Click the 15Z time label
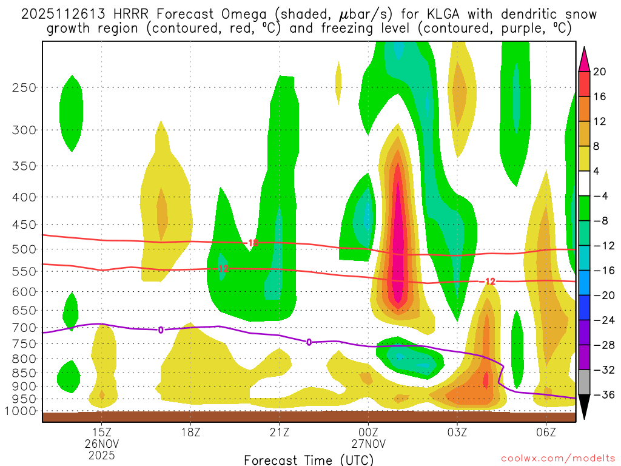click(101, 431)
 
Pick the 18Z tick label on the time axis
click(190, 431)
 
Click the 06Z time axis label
click(546, 431)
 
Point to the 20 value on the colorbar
click(600, 72)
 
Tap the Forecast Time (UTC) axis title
click(309, 459)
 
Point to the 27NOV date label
click(368, 443)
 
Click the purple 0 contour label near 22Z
click(309, 342)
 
